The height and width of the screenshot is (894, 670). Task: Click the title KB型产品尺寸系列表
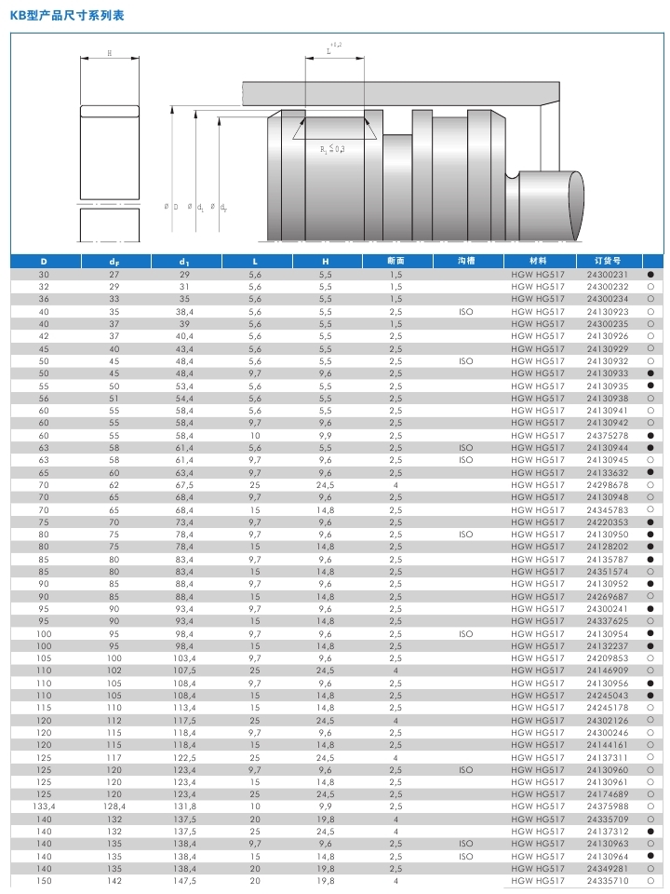coord(66,16)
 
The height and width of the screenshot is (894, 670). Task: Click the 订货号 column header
coord(606,262)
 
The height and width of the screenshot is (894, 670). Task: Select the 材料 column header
coord(538,262)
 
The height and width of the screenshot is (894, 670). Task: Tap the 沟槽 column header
coord(466,262)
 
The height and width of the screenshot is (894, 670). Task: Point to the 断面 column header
coord(395,262)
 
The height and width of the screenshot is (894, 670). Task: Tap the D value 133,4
coord(44,806)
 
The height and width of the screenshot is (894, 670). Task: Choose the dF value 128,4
coord(114,806)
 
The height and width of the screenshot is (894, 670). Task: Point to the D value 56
coord(44,399)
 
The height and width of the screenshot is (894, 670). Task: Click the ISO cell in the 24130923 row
coord(466,312)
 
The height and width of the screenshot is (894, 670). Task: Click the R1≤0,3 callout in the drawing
coord(332,149)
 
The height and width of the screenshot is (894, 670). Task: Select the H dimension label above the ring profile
coord(110,53)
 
